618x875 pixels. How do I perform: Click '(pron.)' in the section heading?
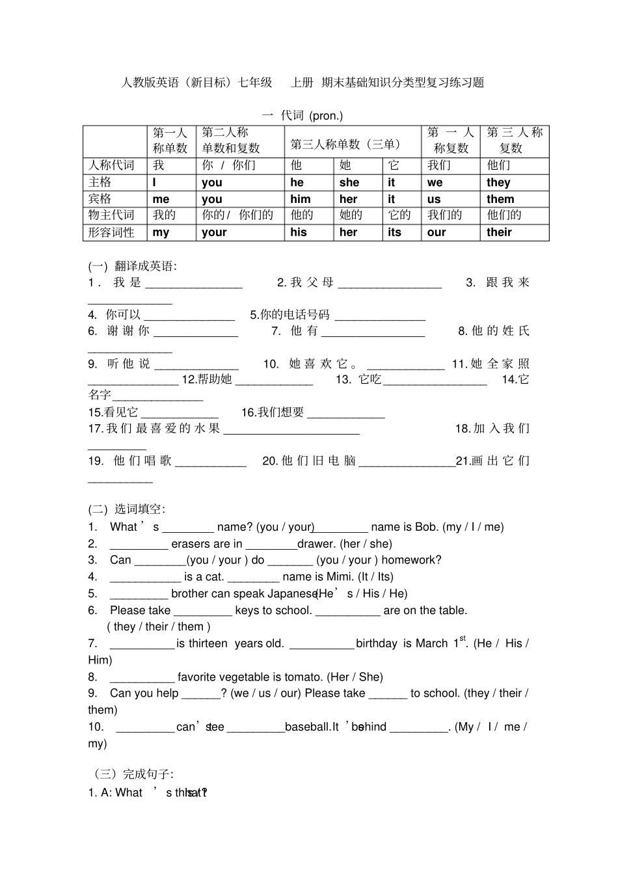[x=326, y=116]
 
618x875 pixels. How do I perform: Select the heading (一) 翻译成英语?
[x=132, y=265]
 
